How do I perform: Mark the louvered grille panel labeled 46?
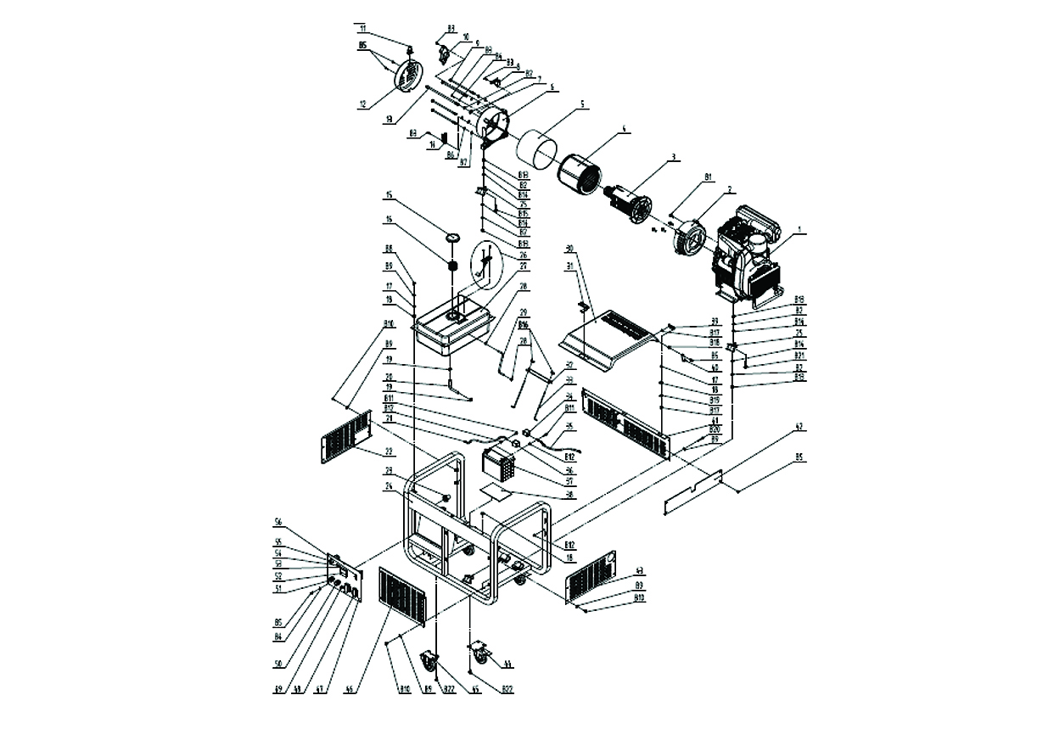click(x=402, y=597)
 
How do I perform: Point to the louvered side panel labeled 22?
click(x=346, y=436)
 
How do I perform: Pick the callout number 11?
click(x=363, y=28)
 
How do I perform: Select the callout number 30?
click(x=570, y=248)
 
